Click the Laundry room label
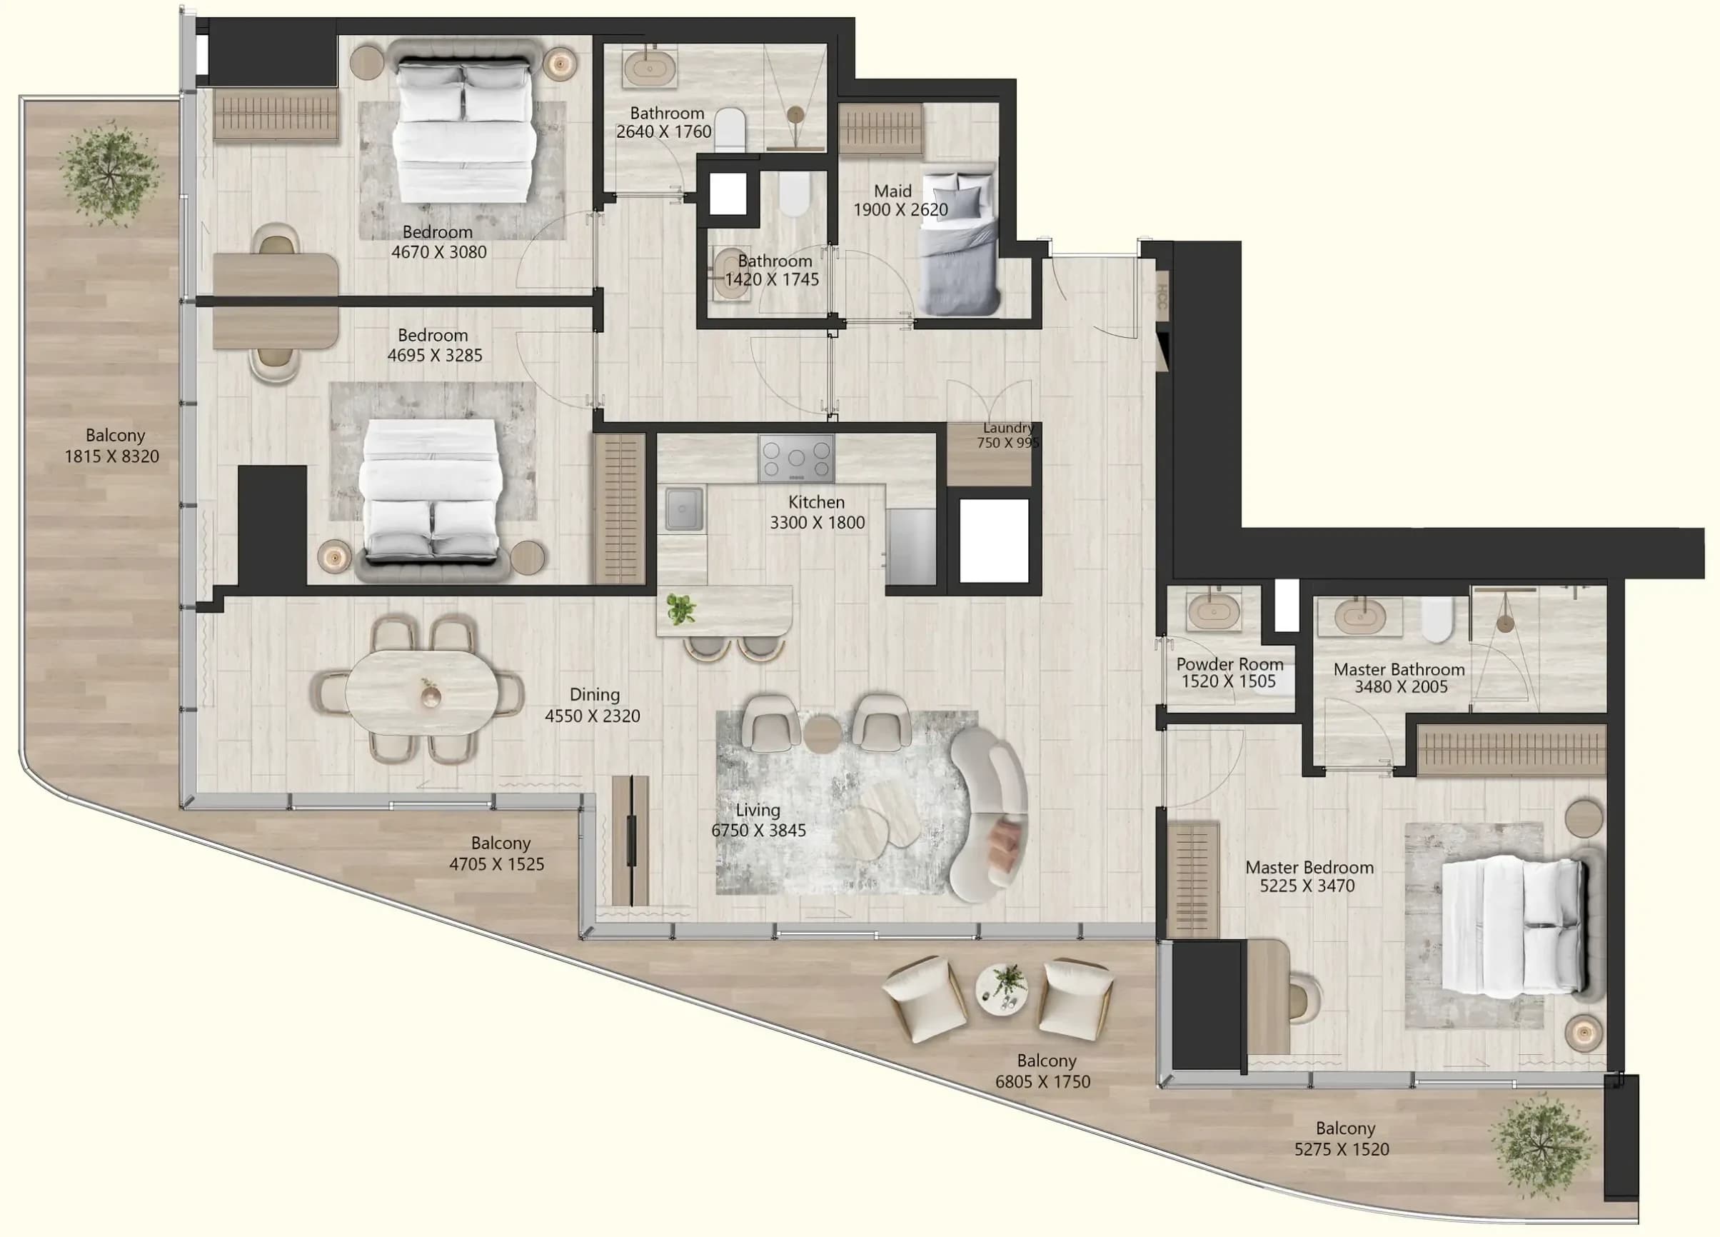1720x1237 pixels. (x=1008, y=428)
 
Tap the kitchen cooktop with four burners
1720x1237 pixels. (x=796, y=457)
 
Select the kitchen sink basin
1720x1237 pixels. (x=684, y=508)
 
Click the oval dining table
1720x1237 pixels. (x=422, y=693)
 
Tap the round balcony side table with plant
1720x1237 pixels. (x=1002, y=990)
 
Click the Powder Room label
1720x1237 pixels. (x=1229, y=663)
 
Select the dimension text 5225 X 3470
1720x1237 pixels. (x=1307, y=885)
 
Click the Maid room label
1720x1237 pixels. (x=892, y=191)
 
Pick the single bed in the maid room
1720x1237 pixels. (x=959, y=243)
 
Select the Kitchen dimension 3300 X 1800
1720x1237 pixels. (x=817, y=523)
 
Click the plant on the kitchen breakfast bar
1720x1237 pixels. (x=680, y=609)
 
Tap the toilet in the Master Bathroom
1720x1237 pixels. (x=1437, y=618)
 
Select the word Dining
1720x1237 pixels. (x=595, y=695)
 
